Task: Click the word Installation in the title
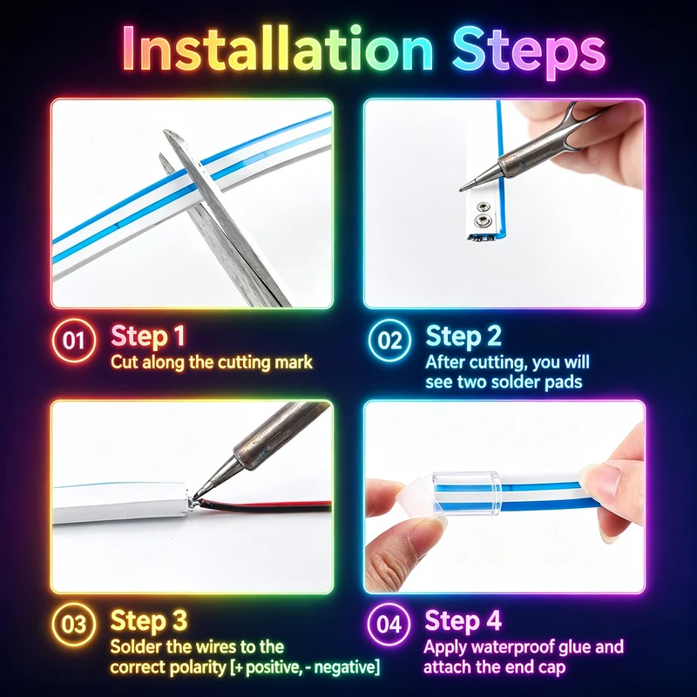point(278,48)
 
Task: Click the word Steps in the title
point(529,52)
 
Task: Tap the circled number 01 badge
point(74,341)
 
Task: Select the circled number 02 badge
point(389,341)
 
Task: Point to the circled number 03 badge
point(74,624)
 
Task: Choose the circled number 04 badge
point(389,624)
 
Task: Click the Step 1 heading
point(147,336)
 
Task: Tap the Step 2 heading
point(464,336)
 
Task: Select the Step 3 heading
point(148,620)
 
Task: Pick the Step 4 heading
point(463,620)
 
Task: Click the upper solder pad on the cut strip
point(482,206)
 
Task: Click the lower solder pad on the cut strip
point(481,220)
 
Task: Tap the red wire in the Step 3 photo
point(267,504)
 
